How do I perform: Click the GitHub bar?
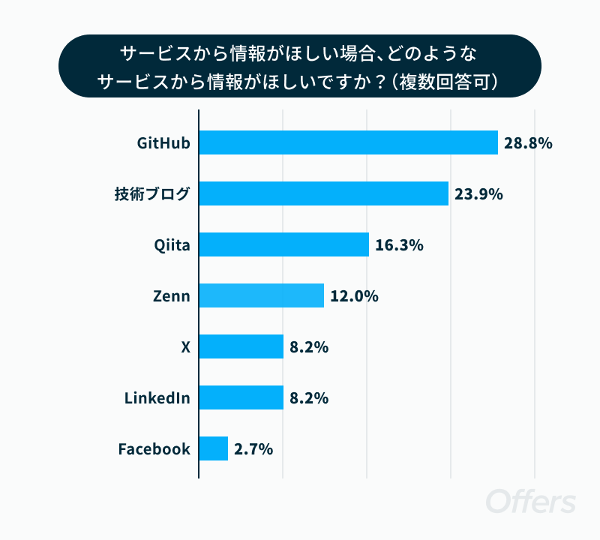click(x=349, y=142)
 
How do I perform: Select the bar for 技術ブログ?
click(x=324, y=193)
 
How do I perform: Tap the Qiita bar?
click(x=284, y=244)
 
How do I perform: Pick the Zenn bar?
click(x=262, y=295)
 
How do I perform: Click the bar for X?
click(x=241, y=346)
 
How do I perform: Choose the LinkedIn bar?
click(x=241, y=397)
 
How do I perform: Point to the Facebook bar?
click(x=214, y=448)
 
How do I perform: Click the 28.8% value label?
click(x=528, y=143)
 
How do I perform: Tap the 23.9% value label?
click(x=478, y=194)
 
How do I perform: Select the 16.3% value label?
click(x=399, y=245)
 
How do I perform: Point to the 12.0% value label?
click(x=354, y=296)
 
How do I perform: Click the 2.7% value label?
click(x=253, y=449)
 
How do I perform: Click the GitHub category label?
click(x=163, y=143)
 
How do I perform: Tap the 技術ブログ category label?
click(x=152, y=194)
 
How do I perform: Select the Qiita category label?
click(x=172, y=245)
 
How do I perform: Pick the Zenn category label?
click(x=172, y=296)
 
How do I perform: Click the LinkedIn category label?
click(x=157, y=398)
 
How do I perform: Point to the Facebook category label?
click(x=154, y=449)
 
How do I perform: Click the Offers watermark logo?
click(x=531, y=500)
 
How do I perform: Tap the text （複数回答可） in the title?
click(x=445, y=82)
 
